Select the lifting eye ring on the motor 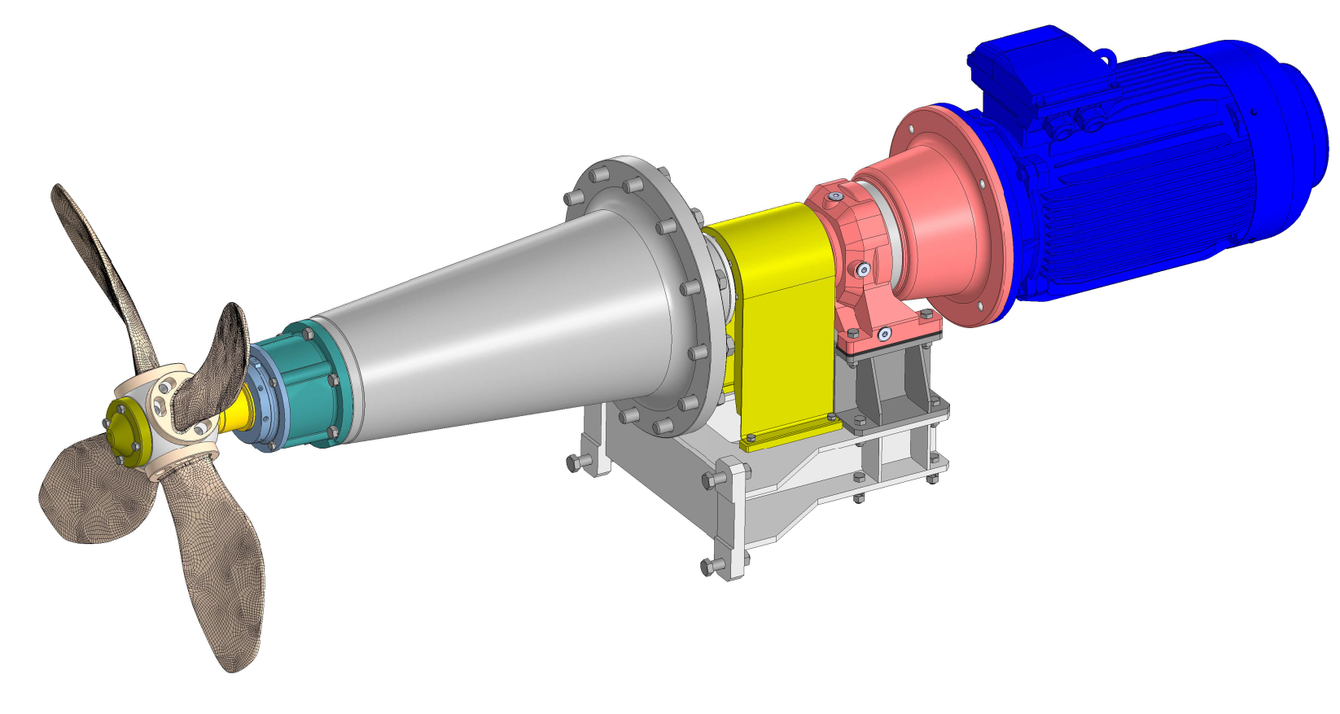click(1106, 56)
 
